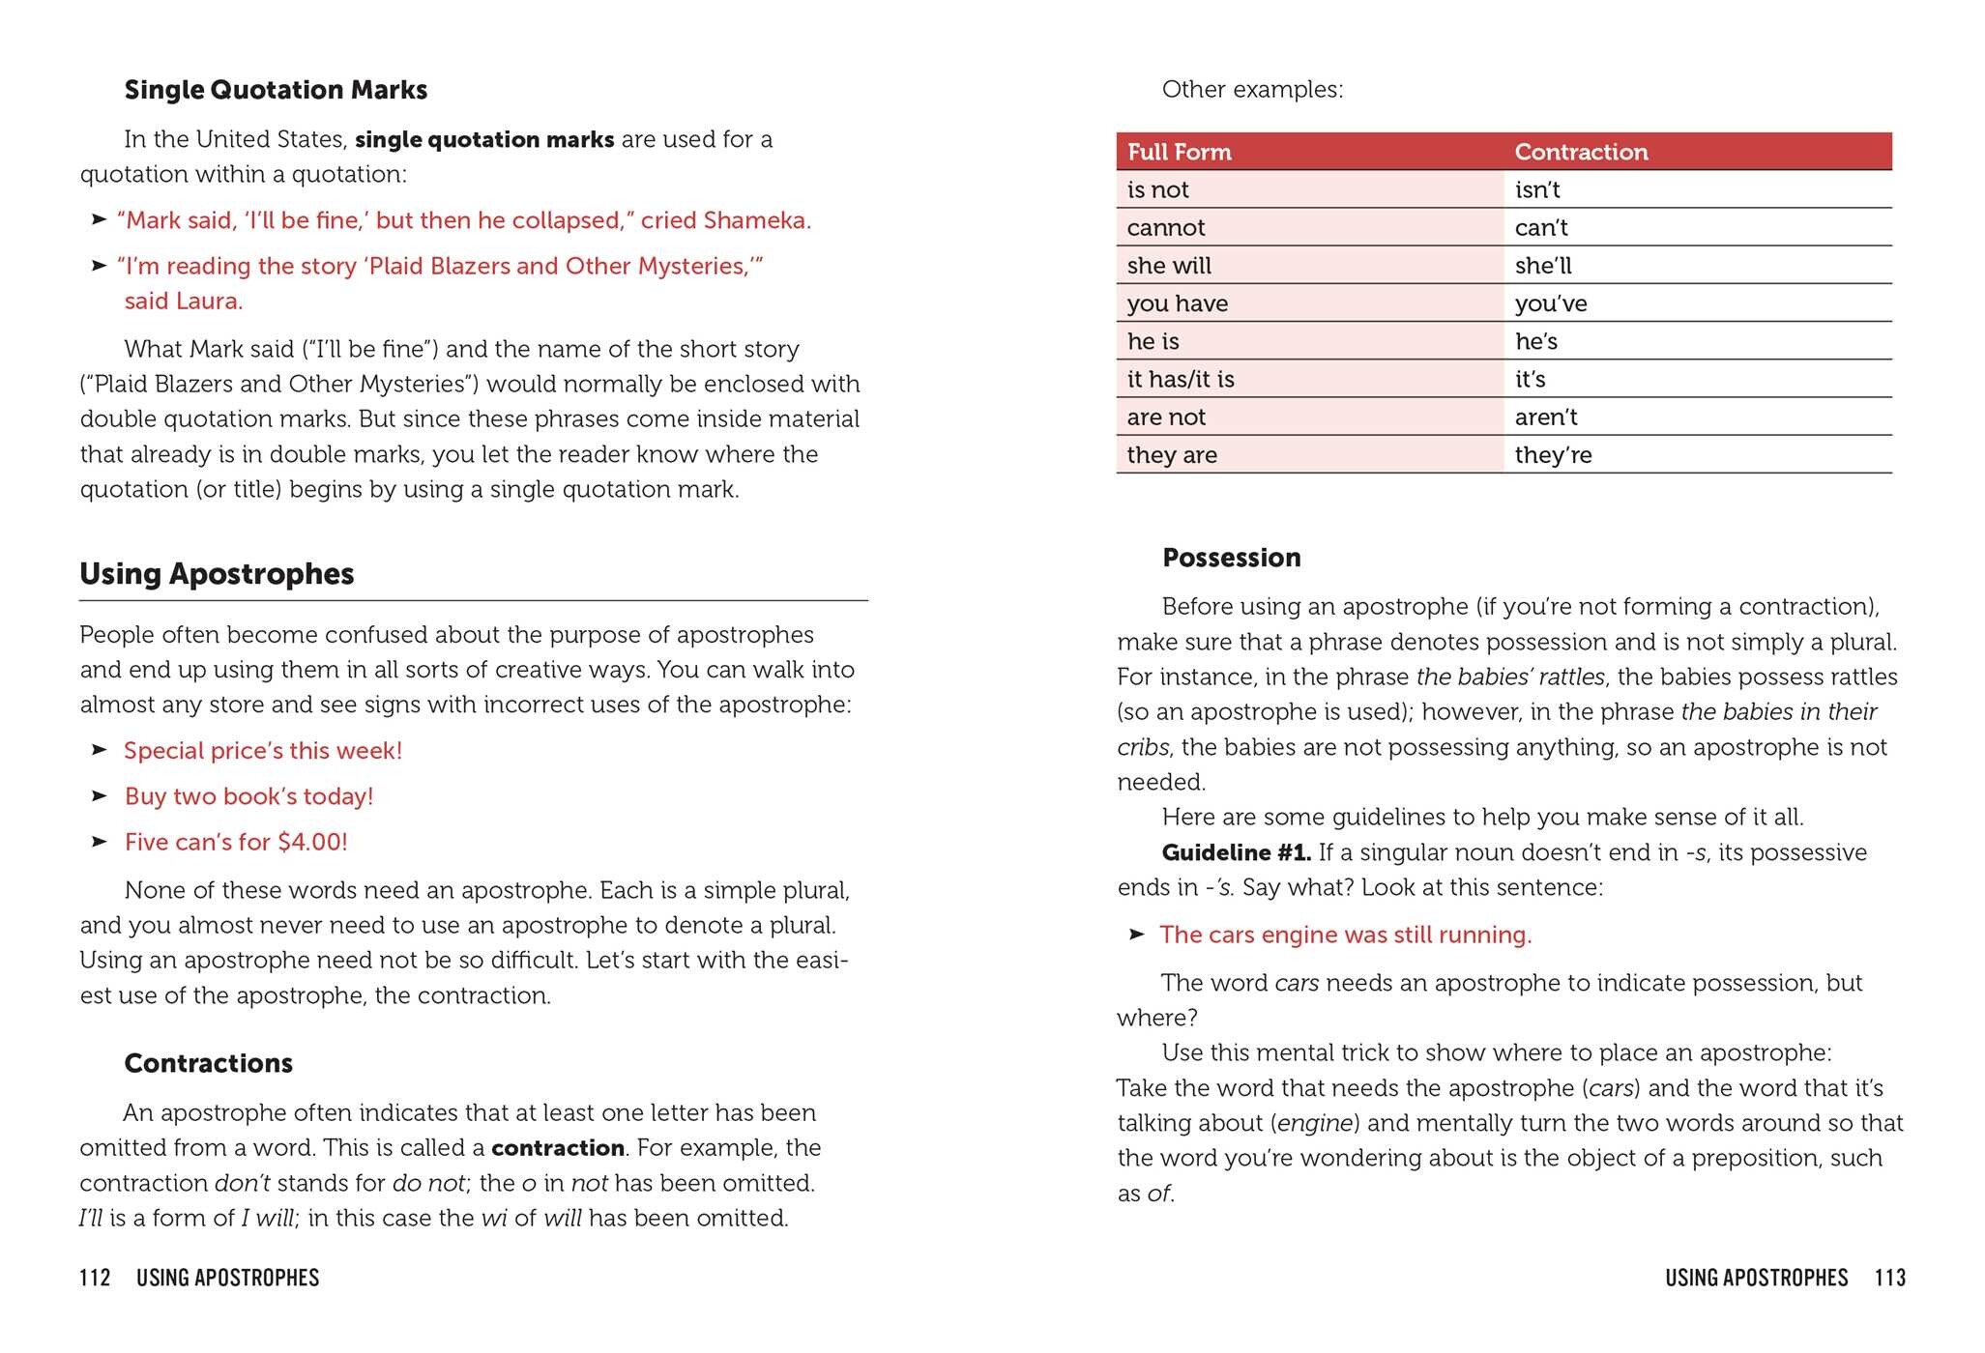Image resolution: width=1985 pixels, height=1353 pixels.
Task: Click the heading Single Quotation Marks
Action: (x=276, y=90)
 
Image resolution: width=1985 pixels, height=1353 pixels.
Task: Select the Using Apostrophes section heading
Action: (x=217, y=574)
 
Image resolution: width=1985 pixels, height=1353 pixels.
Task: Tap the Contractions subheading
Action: (x=208, y=1063)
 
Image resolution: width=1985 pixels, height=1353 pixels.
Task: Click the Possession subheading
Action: (x=1231, y=558)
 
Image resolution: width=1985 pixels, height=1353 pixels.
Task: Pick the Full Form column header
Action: (x=1179, y=152)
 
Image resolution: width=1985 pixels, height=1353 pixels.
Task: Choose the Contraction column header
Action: (x=1581, y=152)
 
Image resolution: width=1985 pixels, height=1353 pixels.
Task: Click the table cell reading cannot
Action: (x=1165, y=228)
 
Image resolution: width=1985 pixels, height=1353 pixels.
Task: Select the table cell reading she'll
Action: (x=1543, y=266)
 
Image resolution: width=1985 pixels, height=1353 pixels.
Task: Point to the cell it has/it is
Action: (x=1180, y=379)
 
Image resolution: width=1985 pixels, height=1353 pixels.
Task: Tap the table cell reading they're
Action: (x=1553, y=455)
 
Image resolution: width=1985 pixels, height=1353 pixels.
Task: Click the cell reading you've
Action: (x=1550, y=303)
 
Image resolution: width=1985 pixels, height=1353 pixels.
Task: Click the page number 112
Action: (x=95, y=1278)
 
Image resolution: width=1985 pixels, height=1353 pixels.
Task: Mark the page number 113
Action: (x=1889, y=1278)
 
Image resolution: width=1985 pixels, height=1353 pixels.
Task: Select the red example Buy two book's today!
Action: (x=248, y=796)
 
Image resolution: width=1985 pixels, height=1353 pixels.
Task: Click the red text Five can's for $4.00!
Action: (x=236, y=842)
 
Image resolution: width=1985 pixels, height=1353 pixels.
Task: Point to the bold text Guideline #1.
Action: (x=1236, y=852)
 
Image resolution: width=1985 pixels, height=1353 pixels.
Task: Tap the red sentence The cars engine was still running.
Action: (x=1345, y=935)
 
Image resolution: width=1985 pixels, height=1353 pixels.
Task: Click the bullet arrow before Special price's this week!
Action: (x=99, y=750)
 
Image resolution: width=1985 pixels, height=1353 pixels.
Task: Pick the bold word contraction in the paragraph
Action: (x=558, y=1148)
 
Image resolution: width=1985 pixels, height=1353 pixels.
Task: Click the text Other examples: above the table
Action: (x=1252, y=90)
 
